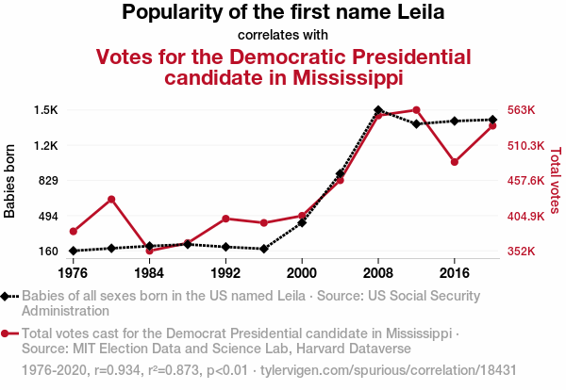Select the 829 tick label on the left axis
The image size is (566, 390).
pos(48,181)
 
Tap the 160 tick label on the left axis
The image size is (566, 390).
pos(48,252)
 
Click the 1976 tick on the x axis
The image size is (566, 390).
pos(73,272)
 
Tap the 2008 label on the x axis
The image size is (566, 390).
pos(378,272)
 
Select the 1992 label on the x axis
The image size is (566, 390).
pos(225,272)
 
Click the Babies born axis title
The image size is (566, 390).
pos(10,181)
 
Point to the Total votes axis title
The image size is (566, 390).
pos(555,180)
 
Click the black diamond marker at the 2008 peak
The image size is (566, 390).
pos(378,110)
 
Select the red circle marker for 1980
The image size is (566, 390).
pos(111,199)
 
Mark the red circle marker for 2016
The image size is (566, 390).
pos(455,162)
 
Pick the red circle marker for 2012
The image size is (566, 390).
pos(416,110)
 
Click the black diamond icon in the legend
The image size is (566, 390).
pos(7,296)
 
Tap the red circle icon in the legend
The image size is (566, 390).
pos(7,333)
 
